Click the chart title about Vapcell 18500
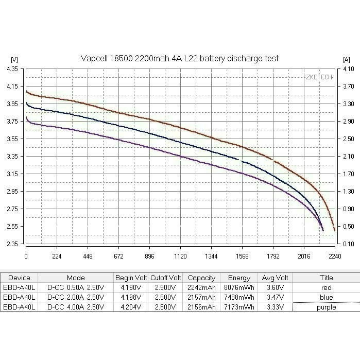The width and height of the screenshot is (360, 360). pyautogui.click(x=180, y=58)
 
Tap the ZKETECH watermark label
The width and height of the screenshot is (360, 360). pyautogui.click(x=319, y=77)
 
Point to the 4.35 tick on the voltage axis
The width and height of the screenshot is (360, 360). pyautogui.click(x=12, y=68)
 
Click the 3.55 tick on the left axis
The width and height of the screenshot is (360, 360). pyautogui.click(x=12, y=139)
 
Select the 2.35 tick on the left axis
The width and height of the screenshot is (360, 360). pyautogui.click(x=12, y=244)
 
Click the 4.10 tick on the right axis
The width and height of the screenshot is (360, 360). pyautogui.click(x=348, y=68)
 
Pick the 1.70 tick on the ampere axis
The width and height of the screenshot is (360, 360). pyautogui.click(x=348, y=174)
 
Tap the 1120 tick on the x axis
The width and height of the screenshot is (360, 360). pyautogui.click(x=180, y=255)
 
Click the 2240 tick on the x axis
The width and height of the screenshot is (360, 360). pyautogui.click(x=334, y=255)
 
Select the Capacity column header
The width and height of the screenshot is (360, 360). pyautogui.click(x=201, y=278)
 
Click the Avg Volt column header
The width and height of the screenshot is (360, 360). pyautogui.click(x=274, y=278)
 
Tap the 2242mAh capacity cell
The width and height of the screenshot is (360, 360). pyautogui.click(x=201, y=287)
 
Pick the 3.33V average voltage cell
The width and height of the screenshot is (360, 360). pyautogui.click(x=274, y=307)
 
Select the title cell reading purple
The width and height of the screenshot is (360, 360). pyautogui.click(x=325, y=307)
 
